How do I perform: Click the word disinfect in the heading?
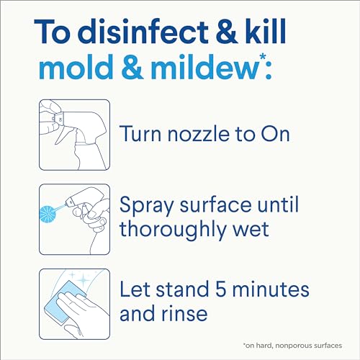click(143, 32)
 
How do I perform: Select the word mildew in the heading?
click(204, 67)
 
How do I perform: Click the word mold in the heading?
click(76, 67)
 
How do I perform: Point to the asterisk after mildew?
click(263, 58)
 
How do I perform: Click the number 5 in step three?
click(221, 289)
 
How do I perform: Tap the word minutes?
click(271, 289)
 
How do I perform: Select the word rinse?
click(184, 314)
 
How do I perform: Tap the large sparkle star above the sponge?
click(83, 279)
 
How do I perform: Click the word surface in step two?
click(215, 205)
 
